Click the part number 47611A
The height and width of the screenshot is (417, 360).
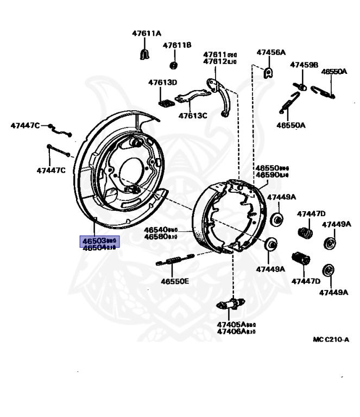147,33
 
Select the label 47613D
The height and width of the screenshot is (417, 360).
163,83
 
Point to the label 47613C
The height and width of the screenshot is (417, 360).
193,116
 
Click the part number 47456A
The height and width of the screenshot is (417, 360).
271,53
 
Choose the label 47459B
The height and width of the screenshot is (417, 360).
304,65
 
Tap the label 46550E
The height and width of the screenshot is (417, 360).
175,281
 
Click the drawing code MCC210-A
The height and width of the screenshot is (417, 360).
331,339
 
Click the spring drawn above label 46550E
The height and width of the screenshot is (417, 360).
174,261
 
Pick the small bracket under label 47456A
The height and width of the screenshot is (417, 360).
267,72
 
